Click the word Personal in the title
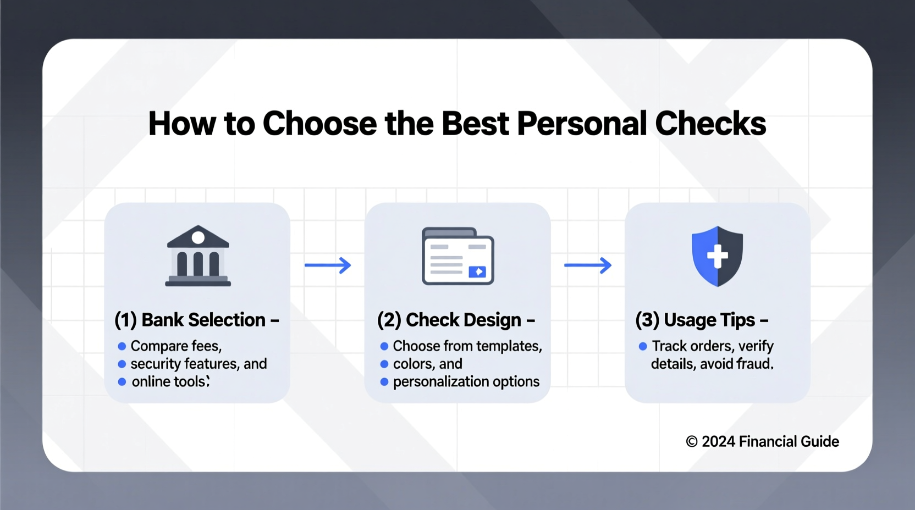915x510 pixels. [581, 124]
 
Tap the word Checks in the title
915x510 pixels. [710, 124]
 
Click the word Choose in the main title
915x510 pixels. [319, 124]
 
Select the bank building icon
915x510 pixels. [198, 256]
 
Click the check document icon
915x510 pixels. [457, 256]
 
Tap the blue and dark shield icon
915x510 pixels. [717, 256]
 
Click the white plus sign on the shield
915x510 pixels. [717, 256]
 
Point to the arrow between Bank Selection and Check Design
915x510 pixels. [328, 265]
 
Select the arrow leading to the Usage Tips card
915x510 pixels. [588, 265]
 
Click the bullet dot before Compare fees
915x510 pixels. [122, 346]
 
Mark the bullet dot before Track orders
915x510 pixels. [643, 346]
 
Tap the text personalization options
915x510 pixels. [466, 381]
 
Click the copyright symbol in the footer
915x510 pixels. [692, 442]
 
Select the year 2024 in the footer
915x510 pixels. [718, 442]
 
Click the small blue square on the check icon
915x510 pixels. [477, 271]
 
